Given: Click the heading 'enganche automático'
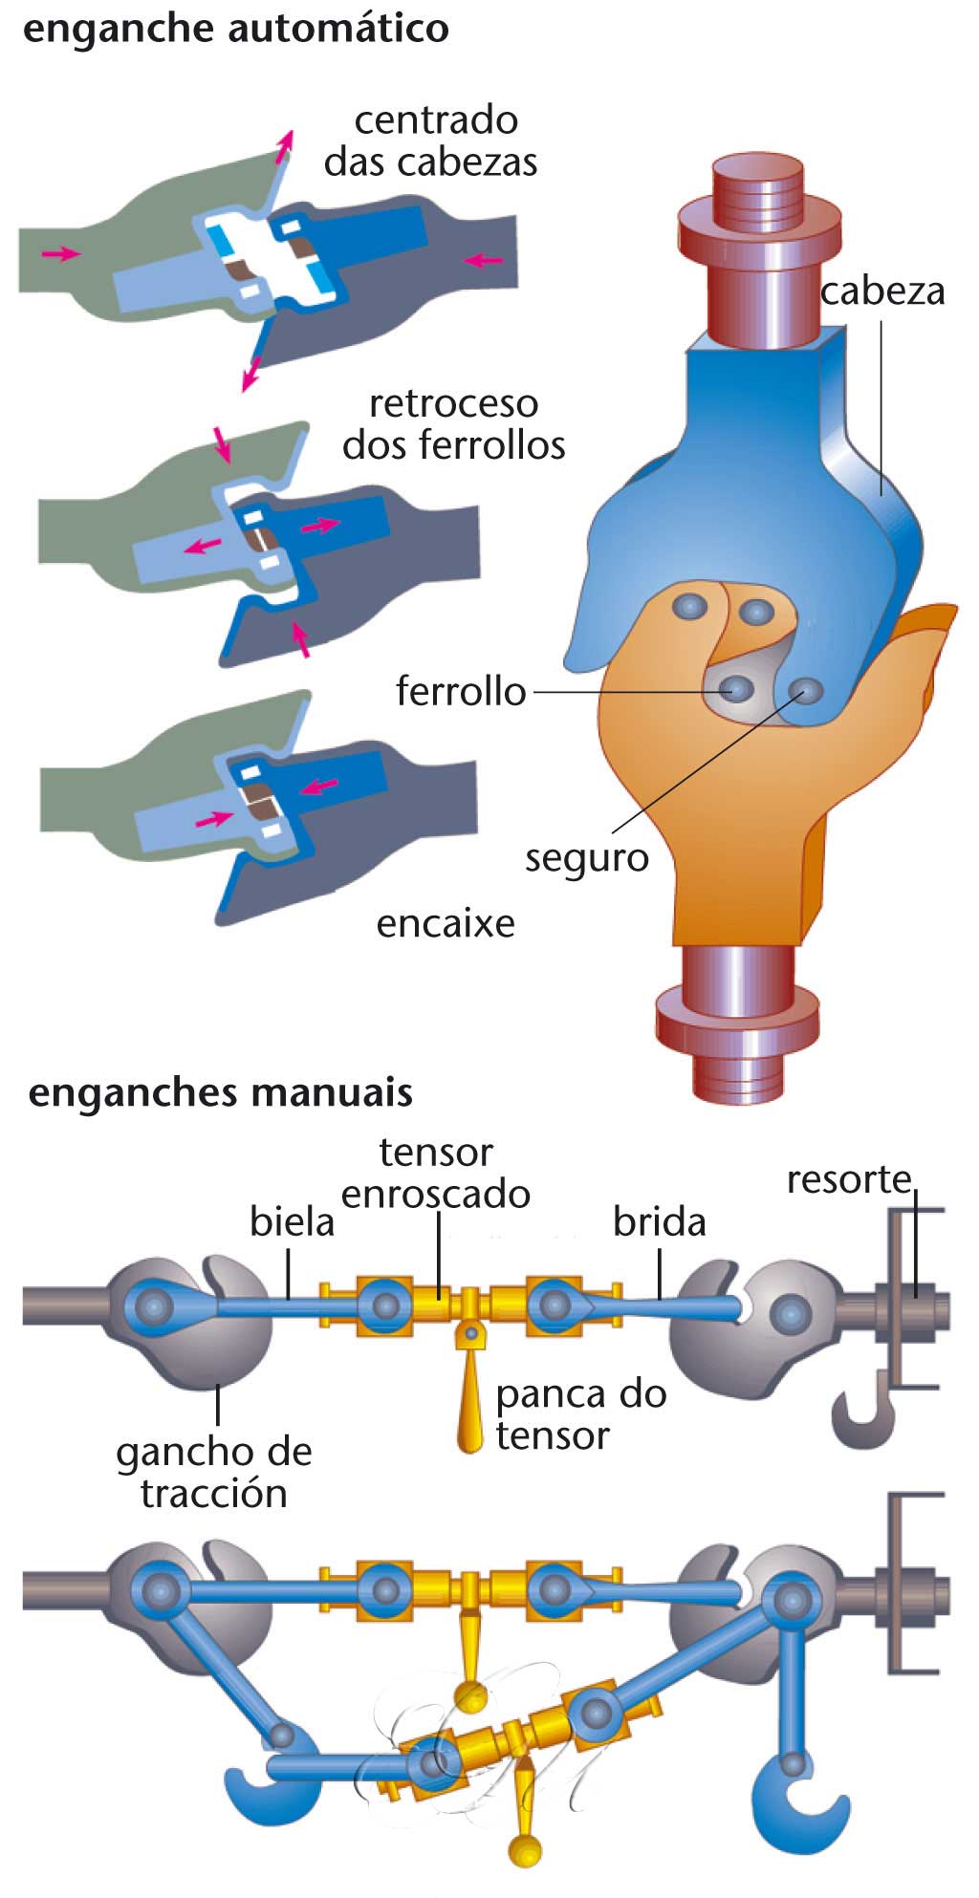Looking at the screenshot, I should (235, 29).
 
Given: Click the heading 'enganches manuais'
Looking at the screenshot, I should (220, 1091).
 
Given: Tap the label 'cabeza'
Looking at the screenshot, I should (881, 291).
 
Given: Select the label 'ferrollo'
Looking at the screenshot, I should (461, 690).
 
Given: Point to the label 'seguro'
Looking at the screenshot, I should (586, 857).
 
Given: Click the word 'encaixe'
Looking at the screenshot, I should (446, 923).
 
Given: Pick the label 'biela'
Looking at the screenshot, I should (292, 1221).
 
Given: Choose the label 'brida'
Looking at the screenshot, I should (659, 1221).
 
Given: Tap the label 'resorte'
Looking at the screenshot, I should (849, 1179).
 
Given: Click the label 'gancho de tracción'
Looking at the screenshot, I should (214, 1472).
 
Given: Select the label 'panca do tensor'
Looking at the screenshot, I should (579, 1414).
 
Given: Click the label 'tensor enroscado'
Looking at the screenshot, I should (436, 1174).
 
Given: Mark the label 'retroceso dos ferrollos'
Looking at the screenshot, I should (453, 424).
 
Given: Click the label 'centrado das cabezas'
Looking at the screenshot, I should (432, 141).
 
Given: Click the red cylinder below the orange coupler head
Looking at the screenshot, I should (737, 1023).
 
